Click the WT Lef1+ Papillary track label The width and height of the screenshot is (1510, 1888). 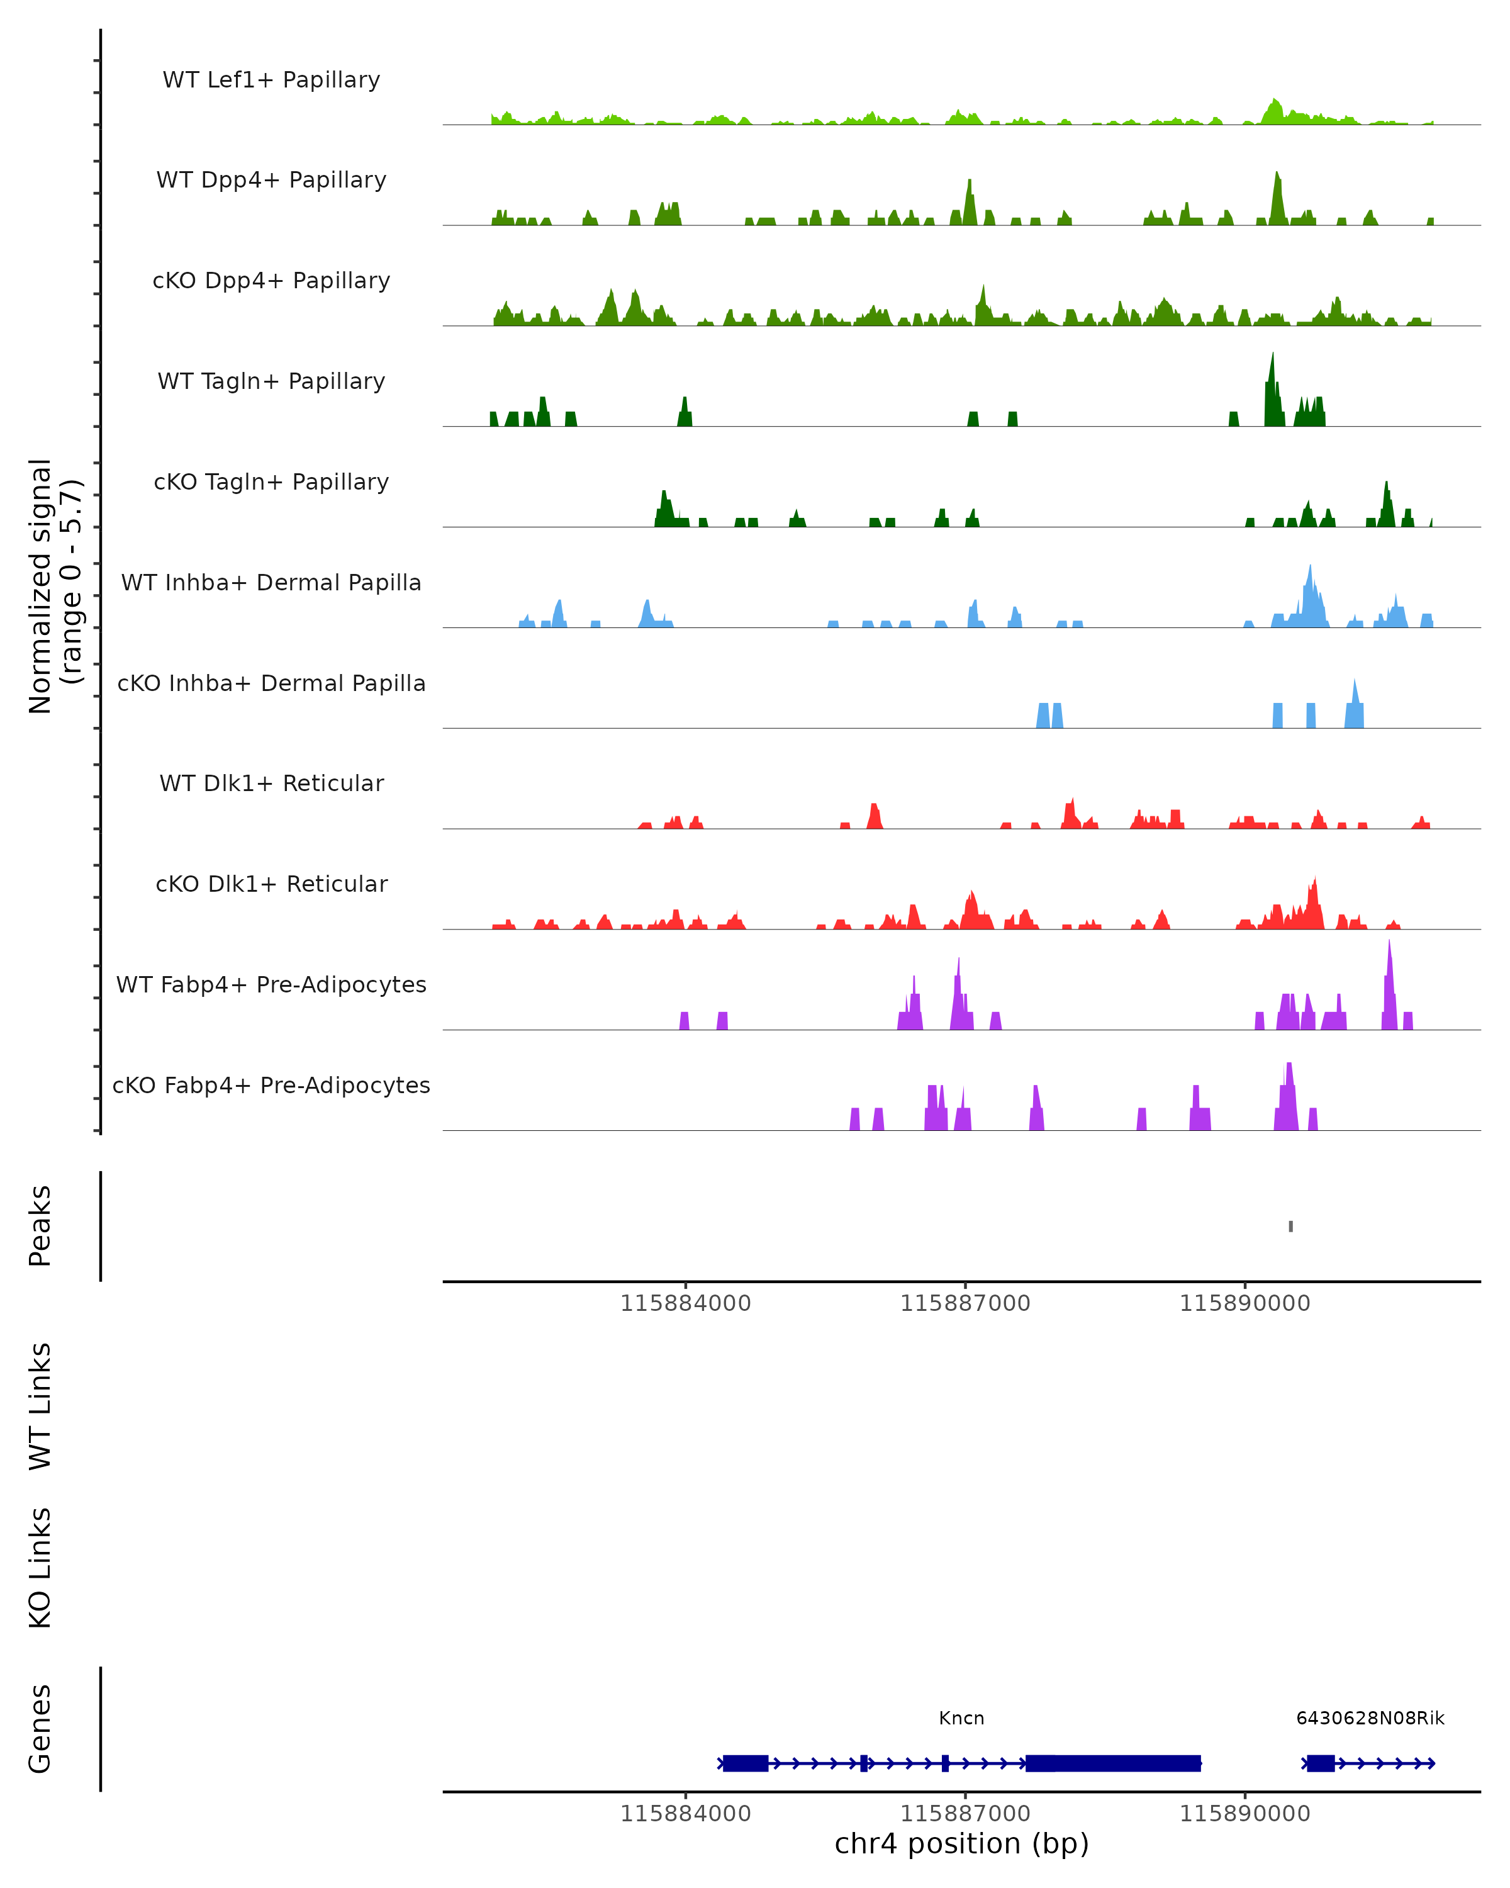tap(271, 80)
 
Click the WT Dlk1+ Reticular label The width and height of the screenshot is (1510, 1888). tap(271, 783)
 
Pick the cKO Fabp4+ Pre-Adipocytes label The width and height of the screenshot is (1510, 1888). tap(271, 1085)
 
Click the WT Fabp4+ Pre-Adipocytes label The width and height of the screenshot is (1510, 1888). tap(271, 984)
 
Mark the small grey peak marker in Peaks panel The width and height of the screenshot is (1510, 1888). tap(1290, 1226)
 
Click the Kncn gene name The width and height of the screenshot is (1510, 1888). tap(961, 1718)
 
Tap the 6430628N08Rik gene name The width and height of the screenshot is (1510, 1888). tap(1370, 1718)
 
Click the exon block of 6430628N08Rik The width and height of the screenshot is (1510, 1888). tap(1320, 1763)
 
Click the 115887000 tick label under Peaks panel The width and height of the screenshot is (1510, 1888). tap(966, 1303)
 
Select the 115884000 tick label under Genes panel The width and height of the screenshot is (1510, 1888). tap(685, 1814)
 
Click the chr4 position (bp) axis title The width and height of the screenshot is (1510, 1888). tap(961, 1844)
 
